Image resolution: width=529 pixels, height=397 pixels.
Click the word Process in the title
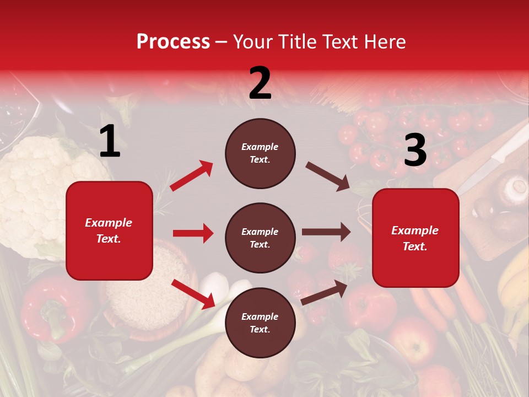click(x=173, y=42)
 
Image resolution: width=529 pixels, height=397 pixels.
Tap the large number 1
click(x=110, y=142)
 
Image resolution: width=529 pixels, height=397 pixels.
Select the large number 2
click(x=260, y=83)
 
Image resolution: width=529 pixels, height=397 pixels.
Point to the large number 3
click(x=415, y=151)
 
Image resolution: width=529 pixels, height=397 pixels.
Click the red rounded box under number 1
click(x=109, y=230)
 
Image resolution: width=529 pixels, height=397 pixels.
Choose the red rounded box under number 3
click(x=415, y=238)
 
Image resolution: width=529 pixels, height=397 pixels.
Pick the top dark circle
click(x=260, y=153)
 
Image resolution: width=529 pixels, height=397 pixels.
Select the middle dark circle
click(x=260, y=238)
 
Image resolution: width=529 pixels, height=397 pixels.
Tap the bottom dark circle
click(x=260, y=323)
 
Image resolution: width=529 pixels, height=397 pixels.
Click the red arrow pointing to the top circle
click(x=192, y=175)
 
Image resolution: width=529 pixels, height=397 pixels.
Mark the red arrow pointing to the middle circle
click(x=193, y=233)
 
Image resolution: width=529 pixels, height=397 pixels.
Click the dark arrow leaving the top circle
click(x=328, y=176)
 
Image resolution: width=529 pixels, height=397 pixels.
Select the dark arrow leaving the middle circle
click(x=326, y=232)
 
